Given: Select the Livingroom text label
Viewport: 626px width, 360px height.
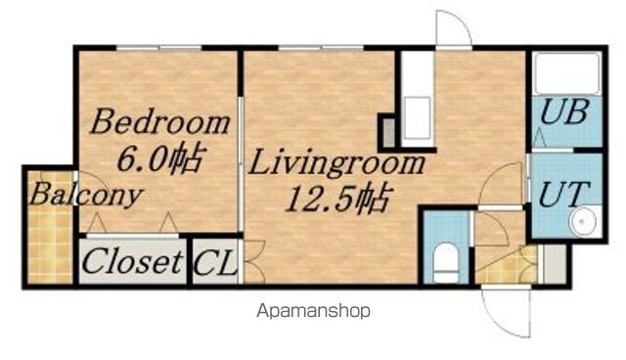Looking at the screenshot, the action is point(336,163).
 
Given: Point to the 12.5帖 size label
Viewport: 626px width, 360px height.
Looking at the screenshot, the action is point(337,199).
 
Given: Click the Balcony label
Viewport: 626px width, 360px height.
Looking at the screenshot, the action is point(86,195).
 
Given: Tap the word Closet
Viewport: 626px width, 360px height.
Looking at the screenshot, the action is point(132,261).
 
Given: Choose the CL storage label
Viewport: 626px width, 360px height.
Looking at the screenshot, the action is point(215,262).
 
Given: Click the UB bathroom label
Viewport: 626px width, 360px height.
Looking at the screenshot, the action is point(564,112).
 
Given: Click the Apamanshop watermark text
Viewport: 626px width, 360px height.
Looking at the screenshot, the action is point(313,311).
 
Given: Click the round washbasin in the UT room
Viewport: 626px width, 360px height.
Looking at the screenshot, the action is point(583,221).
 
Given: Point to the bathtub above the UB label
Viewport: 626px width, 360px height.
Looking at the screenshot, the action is point(567,73).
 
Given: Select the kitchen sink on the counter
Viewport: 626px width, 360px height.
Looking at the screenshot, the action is point(418,117).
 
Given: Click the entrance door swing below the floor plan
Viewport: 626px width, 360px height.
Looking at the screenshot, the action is point(507,312).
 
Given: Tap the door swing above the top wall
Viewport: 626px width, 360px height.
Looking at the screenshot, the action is point(454,28).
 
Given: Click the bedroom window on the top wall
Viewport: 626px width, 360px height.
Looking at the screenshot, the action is point(158,48).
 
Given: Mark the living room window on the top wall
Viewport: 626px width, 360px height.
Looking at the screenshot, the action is point(321,48).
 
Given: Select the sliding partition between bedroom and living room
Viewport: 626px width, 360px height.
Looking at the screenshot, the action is point(241,163).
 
